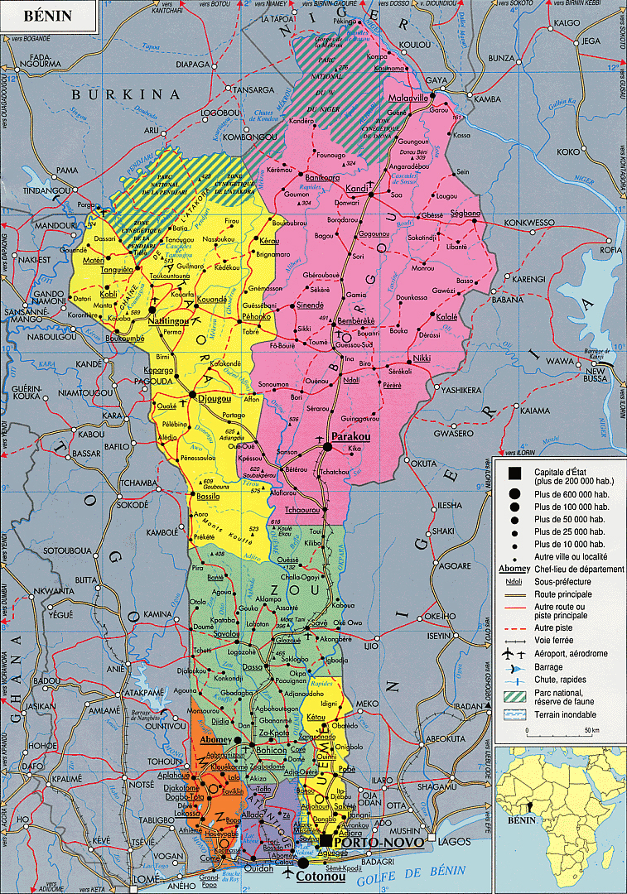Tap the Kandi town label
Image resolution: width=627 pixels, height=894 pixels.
pyautogui.click(x=356, y=188)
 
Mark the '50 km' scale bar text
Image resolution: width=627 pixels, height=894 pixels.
pyautogui.click(x=591, y=729)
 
